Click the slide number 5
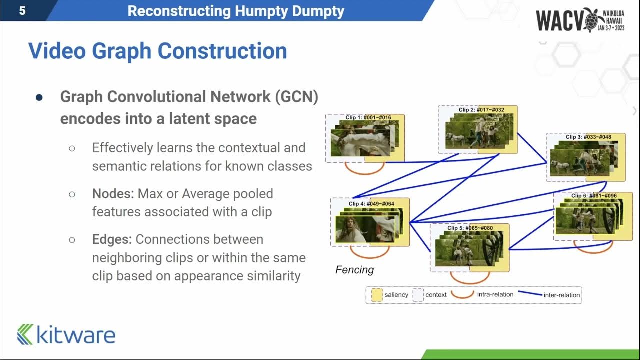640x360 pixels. [22, 11]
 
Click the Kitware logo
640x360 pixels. [66, 334]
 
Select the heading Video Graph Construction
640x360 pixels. [157, 51]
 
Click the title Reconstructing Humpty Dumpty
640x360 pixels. [236, 11]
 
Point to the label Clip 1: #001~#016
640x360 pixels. [368, 118]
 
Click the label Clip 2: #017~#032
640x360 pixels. [481, 110]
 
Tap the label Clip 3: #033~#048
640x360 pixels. [588, 137]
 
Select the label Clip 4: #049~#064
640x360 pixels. [371, 204]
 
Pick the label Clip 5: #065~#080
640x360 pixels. [470, 228]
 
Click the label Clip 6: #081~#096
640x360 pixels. [594, 196]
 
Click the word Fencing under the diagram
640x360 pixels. [354, 270]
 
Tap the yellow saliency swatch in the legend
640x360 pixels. [377, 295]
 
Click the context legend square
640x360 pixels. [418, 295]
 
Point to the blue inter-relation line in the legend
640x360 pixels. [530, 294]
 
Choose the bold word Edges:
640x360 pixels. [112, 239]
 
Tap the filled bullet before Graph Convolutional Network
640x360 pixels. [39, 97]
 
